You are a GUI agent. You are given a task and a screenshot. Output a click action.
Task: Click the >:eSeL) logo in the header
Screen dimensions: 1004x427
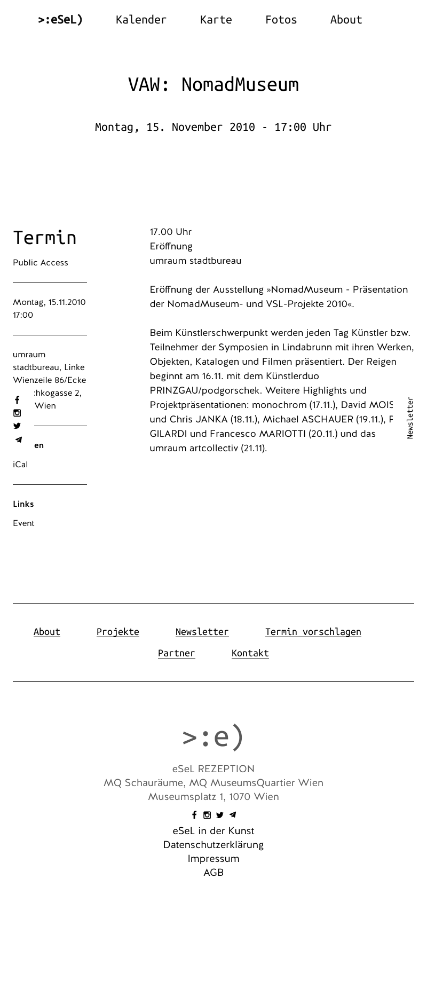point(60,20)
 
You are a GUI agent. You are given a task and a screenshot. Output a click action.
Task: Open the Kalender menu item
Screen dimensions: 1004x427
point(141,20)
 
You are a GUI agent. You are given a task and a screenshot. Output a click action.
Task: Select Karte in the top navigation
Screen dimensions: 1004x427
point(216,20)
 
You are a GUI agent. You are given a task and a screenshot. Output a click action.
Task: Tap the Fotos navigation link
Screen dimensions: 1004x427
point(281,20)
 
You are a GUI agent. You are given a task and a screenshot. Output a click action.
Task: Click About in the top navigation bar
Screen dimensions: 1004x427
point(346,20)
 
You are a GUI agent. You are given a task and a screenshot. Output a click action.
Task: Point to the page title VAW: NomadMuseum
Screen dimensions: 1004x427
point(213,84)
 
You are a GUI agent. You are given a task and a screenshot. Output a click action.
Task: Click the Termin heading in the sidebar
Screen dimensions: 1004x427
point(45,238)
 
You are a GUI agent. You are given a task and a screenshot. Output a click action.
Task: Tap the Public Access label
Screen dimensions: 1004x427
point(41,263)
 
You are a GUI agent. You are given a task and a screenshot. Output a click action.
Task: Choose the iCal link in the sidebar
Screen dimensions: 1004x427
point(20,465)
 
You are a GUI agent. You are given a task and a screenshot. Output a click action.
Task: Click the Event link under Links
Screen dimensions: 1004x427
point(23,523)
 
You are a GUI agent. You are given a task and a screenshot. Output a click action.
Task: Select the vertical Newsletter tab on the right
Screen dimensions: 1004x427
point(410,418)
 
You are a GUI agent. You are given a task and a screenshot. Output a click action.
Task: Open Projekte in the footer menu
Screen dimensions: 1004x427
point(118,632)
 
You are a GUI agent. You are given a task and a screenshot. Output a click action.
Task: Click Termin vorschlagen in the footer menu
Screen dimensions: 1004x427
point(313,632)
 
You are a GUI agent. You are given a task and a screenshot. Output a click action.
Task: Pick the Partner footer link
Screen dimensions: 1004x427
point(177,653)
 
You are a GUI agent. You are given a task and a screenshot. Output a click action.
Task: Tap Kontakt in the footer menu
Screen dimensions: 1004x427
point(250,653)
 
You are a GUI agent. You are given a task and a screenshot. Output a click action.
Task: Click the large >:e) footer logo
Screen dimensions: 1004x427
point(213,736)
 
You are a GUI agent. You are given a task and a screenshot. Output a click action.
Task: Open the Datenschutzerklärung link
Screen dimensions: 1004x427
point(213,845)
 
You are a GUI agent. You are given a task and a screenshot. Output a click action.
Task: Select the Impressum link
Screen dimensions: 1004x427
point(213,859)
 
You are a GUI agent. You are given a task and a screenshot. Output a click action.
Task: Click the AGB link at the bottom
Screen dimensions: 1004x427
point(213,873)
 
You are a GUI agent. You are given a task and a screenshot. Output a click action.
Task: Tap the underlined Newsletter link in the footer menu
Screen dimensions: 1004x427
point(202,632)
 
